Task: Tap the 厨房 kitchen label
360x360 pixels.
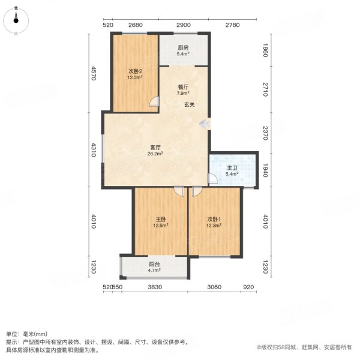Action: click(183, 47)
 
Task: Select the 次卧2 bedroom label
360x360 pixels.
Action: click(134, 71)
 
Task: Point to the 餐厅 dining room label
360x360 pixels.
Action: click(183, 87)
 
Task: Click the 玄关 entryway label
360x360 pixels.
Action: click(189, 105)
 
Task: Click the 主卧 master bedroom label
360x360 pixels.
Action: click(161, 220)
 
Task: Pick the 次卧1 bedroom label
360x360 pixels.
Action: click(214, 220)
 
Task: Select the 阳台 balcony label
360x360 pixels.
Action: click(154, 264)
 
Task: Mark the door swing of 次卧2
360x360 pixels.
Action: click(155, 103)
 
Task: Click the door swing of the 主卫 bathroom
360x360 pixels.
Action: click(212, 179)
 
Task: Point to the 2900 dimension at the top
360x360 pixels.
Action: click(183, 25)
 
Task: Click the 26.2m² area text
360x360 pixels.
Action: click(155, 154)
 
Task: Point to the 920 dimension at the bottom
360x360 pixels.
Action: click(248, 287)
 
